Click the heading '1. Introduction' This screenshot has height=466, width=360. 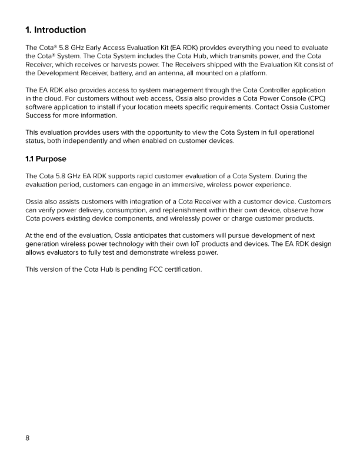pos(56,30)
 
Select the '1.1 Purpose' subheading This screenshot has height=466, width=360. pos(46,159)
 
